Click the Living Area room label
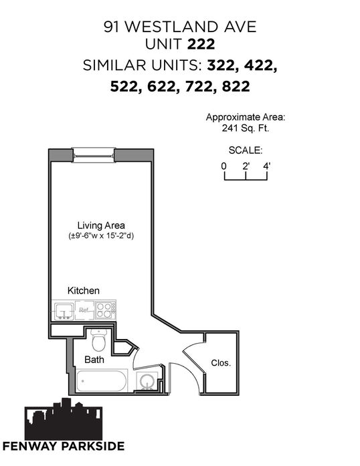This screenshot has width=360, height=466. click(x=101, y=225)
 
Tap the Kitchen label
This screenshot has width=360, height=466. click(x=84, y=290)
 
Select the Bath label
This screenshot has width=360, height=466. click(x=94, y=360)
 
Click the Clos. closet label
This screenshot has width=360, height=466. click(x=221, y=363)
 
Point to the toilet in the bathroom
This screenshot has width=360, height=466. click(x=98, y=340)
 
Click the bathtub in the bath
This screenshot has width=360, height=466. click(x=102, y=380)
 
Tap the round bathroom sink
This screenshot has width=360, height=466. click(x=147, y=381)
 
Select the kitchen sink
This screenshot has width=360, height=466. click(x=64, y=310)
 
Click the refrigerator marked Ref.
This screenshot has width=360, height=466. click(x=84, y=310)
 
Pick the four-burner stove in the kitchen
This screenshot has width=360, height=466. click(x=105, y=310)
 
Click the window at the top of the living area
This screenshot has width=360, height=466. click(x=94, y=155)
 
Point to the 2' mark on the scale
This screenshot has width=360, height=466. click(x=246, y=166)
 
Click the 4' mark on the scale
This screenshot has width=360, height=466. click(x=267, y=166)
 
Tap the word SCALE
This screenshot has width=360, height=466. click(x=246, y=150)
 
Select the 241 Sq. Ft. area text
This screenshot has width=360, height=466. click(x=246, y=128)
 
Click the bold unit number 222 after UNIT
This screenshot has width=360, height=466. click(x=201, y=45)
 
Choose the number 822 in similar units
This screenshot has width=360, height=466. click(x=236, y=86)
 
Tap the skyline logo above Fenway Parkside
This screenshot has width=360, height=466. click(x=64, y=419)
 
